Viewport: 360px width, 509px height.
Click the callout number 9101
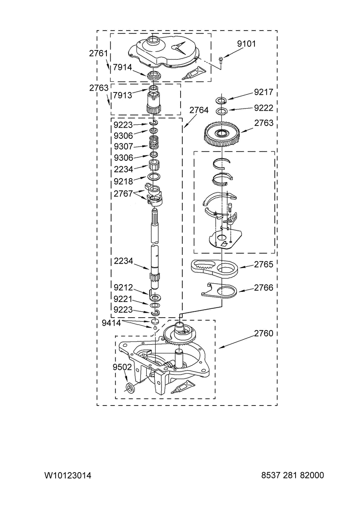click(x=246, y=43)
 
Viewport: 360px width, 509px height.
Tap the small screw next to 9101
click(x=220, y=59)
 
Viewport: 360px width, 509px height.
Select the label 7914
click(x=123, y=67)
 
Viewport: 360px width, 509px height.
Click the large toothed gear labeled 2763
click(x=221, y=134)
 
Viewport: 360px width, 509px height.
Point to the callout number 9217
click(x=263, y=92)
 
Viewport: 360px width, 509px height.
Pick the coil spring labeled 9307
click(x=154, y=142)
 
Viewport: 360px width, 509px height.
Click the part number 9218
click(x=123, y=182)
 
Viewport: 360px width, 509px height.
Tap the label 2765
click(x=263, y=264)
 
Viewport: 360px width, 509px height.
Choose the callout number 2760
click(x=263, y=333)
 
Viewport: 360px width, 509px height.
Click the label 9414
click(x=111, y=323)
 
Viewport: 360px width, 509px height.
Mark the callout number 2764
click(x=199, y=110)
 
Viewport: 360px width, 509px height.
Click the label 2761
click(x=98, y=53)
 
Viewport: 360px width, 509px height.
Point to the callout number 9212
click(x=123, y=288)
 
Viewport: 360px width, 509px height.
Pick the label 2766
click(x=263, y=288)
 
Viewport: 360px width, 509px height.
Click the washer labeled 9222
click(x=221, y=111)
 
